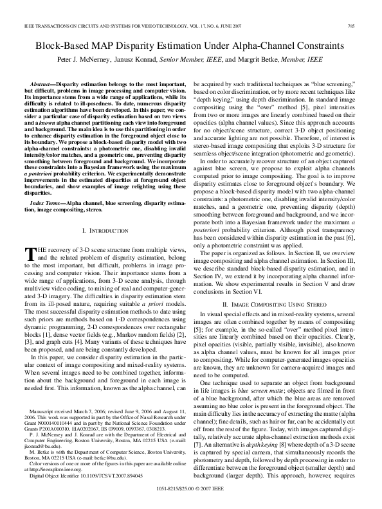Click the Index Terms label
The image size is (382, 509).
point(46,184)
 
